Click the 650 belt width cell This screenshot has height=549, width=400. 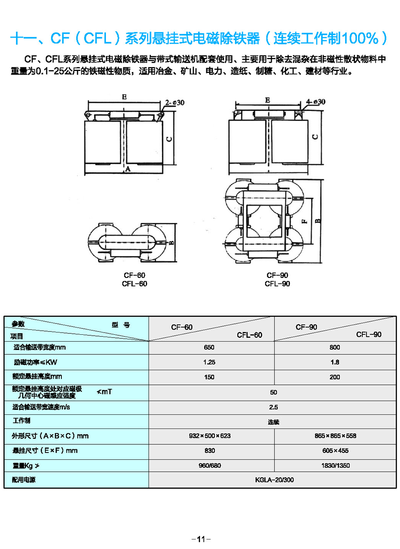click(x=209, y=348)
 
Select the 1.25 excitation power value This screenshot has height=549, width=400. click(x=209, y=363)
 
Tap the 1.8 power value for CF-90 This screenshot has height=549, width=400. click(x=335, y=363)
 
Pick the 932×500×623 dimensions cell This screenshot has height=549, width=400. click(x=210, y=436)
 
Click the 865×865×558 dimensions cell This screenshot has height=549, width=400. click(x=335, y=436)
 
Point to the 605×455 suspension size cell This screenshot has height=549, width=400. click(x=335, y=451)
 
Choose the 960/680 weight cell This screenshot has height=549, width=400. click(x=210, y=466)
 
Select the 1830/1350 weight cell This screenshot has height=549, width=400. click(x=335, y=466)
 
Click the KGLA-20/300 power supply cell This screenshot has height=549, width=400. click(x=272, y=479)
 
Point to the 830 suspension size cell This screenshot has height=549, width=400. click(x=210, y=451)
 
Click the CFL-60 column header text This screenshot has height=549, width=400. click(x=249, y=335)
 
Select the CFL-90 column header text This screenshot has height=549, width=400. click(x=369, y=334)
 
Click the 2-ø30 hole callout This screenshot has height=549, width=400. click(x=175, y=103)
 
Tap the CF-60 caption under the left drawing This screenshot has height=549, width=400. click(x=135, y=276)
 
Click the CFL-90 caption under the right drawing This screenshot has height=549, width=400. click(x=277, y=284)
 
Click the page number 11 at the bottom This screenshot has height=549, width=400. click(x=200, y=539)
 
